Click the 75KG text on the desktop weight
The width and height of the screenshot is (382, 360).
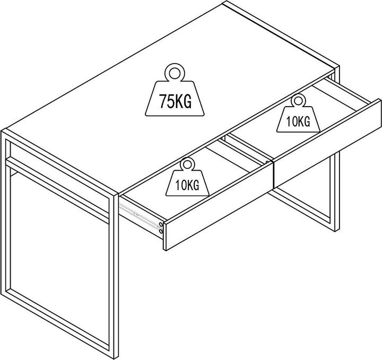click(x=175, y=101)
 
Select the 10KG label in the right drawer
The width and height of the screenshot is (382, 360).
click(x=298, y=121)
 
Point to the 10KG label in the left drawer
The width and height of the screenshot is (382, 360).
click(x=187, y=185)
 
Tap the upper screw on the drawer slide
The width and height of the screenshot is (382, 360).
click(x=161, y=224)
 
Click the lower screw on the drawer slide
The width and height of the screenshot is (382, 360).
click(x=161, y=231)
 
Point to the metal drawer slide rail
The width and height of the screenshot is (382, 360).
click(x=140, y=217)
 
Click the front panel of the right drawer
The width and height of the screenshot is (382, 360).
click(x=327, y=143)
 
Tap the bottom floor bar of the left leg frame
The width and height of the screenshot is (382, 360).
click(x=58, y=324)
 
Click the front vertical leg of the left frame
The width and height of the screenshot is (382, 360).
click(x=114, y=275)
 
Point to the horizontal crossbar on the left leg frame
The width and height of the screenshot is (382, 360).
click(x=57, y=190)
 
